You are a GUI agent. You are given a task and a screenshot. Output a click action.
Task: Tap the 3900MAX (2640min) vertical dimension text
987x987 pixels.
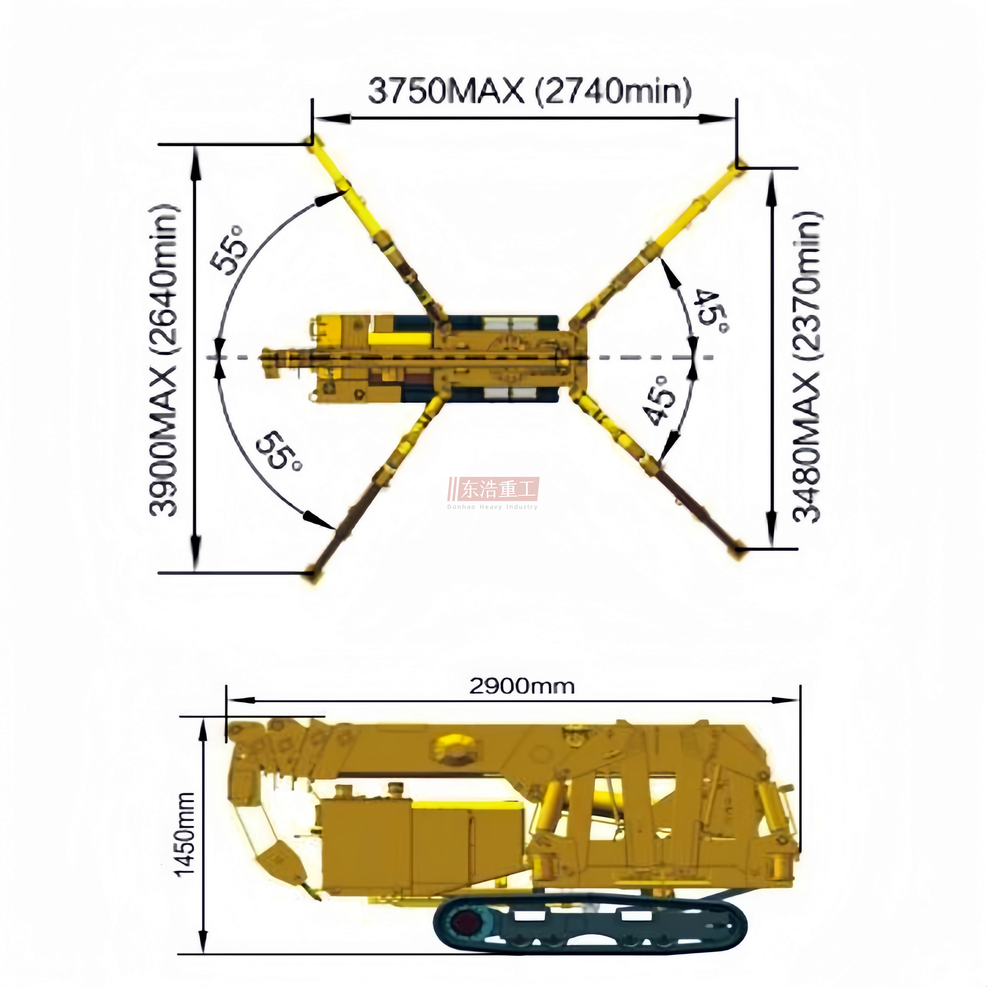tap(163, 361)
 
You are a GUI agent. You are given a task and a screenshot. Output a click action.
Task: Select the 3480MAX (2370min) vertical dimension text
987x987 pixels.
tap(807, 366)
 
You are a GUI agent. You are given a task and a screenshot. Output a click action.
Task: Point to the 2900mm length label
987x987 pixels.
tap(522, 686)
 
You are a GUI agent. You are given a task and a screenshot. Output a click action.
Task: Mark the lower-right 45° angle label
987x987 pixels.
tap(659, 401)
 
